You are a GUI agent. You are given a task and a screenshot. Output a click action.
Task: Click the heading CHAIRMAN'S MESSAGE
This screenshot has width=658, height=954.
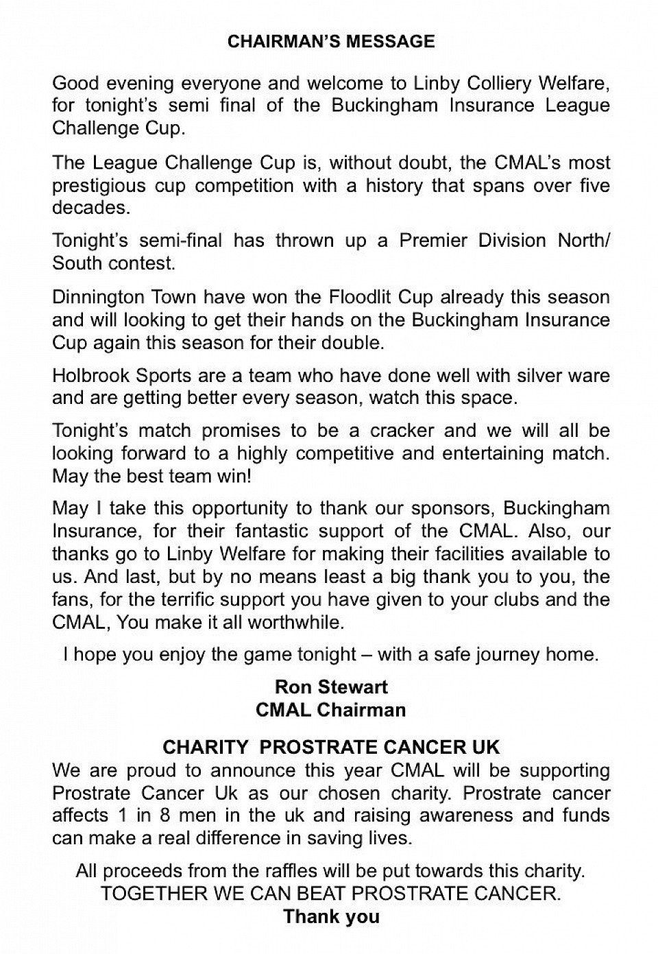pos(330,41)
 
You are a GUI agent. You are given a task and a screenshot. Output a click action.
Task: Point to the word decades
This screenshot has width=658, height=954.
pos(90,208)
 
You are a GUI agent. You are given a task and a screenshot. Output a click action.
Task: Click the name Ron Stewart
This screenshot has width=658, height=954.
pos(330,687)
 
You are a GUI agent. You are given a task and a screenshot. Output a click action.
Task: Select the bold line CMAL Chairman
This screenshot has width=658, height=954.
pos(330,709)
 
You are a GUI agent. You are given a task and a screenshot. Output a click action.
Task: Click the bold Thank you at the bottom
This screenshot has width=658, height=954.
pos(330,916)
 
